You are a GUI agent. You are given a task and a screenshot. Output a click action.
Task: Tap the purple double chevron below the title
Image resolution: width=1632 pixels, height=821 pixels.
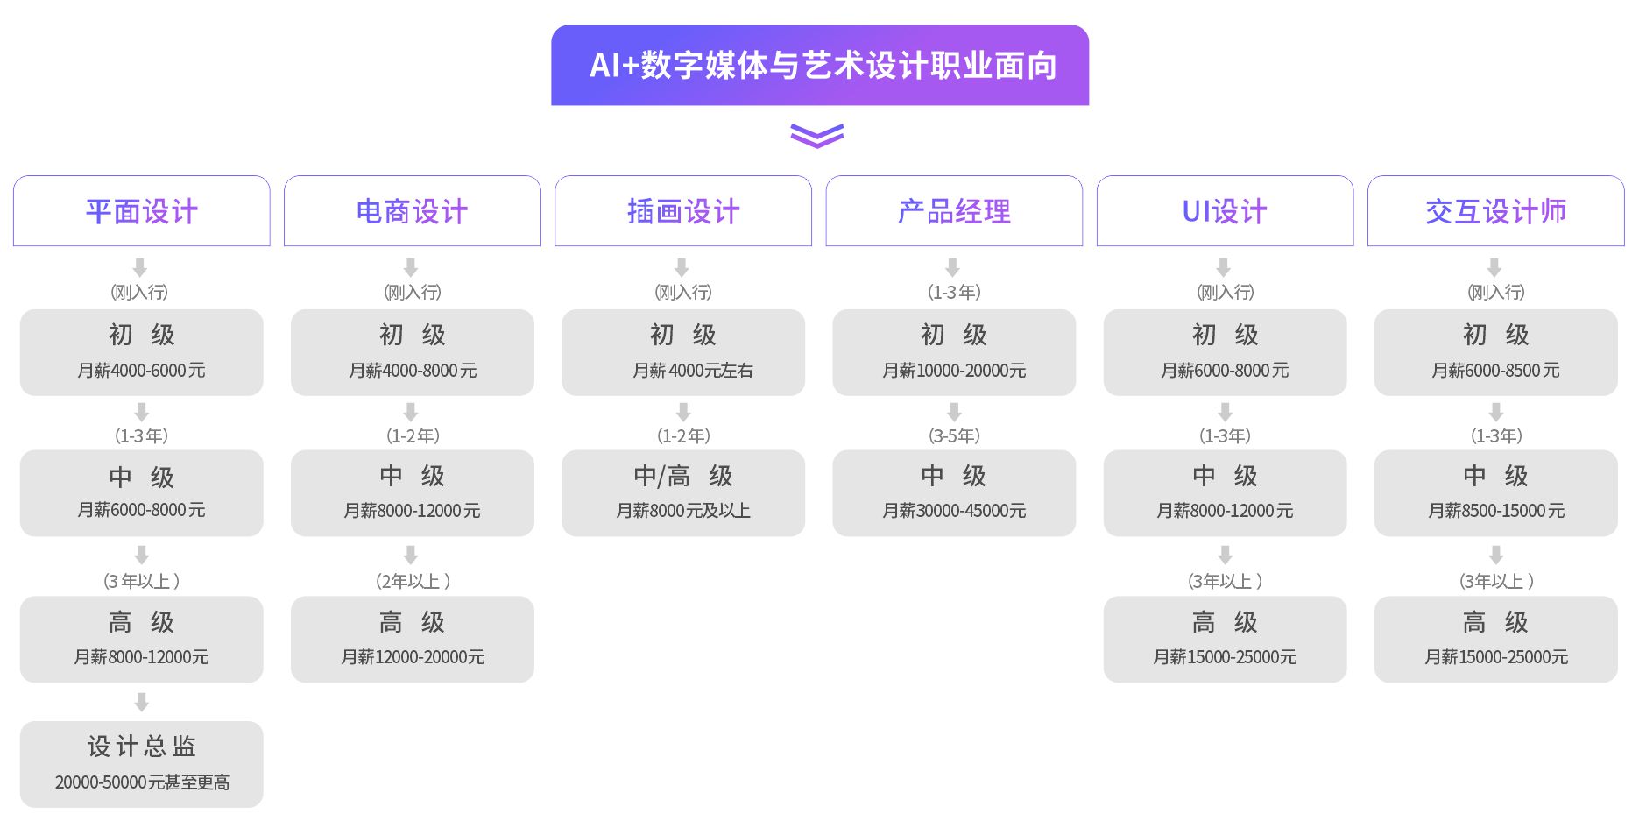point(816,136)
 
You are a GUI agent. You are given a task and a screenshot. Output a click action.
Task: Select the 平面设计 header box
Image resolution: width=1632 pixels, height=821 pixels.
point(142,211)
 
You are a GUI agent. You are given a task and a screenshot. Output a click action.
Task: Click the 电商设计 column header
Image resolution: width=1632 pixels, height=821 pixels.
point(412,211)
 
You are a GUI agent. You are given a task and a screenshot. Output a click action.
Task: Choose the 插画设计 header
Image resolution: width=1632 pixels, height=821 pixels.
point(683,211)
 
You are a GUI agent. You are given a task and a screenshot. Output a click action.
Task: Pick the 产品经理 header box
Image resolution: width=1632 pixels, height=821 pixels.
point(954,211)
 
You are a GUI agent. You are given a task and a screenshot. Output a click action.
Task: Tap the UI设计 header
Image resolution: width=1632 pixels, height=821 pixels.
point(1225,211)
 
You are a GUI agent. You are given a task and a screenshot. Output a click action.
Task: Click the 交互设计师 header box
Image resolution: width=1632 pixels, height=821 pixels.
point(1495,211)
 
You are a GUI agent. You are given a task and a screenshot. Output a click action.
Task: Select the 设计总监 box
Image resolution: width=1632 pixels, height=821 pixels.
point(142,763)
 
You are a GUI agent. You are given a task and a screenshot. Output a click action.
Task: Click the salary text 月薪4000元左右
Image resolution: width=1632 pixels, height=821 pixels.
point(692,371)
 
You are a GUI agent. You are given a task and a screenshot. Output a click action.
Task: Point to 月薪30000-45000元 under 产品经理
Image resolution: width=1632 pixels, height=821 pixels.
point(954,511)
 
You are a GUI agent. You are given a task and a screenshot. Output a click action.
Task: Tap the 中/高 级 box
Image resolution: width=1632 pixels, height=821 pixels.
point(683,492)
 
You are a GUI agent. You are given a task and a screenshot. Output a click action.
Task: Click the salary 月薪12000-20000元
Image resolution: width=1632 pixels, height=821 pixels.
point(413,657)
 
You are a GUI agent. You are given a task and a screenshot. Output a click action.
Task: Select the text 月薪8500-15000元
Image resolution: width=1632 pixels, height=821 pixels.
point(1495,511)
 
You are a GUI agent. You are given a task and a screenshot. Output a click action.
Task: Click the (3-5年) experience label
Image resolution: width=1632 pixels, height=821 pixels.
point(954,435)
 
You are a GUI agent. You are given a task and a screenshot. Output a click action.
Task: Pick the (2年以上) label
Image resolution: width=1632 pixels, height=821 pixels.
point(413,581)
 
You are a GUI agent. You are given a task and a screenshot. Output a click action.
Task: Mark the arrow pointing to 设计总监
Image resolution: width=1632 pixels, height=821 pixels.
point(142,702)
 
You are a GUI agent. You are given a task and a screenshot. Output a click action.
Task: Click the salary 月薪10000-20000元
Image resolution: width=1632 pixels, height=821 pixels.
point(954,371)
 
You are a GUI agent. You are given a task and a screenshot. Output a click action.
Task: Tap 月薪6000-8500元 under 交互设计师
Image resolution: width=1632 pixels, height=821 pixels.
point(1495,371)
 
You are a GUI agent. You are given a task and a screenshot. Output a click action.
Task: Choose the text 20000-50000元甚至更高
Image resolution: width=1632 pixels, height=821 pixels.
point(142,782)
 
